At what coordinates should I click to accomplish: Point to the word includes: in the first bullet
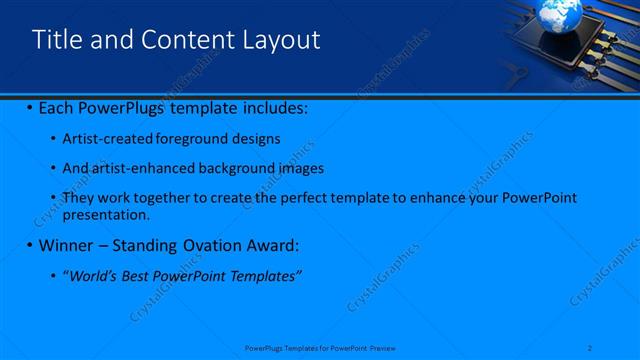[x=272, y=107]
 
